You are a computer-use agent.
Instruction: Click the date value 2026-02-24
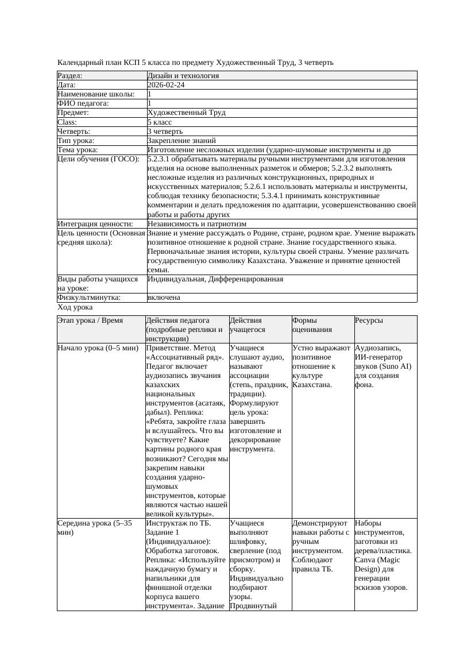[x=166, y=84]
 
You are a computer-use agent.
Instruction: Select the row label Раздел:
[x=70, y=75]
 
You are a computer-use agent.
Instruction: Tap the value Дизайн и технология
[x=183, y=75]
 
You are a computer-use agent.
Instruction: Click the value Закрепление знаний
[x=181, y=140]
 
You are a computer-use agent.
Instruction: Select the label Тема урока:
[x=78, y=149]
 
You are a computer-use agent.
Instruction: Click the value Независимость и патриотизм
[x=196, y=224]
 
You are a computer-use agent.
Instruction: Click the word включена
[x=164, y=298]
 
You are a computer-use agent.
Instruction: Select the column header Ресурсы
[x=369, y=320]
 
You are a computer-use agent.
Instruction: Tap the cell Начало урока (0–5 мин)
[x=98, y=348]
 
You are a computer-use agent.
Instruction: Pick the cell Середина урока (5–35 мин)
[x=95, y=528]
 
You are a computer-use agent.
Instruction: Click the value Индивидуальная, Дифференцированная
[x=215, y=279]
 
